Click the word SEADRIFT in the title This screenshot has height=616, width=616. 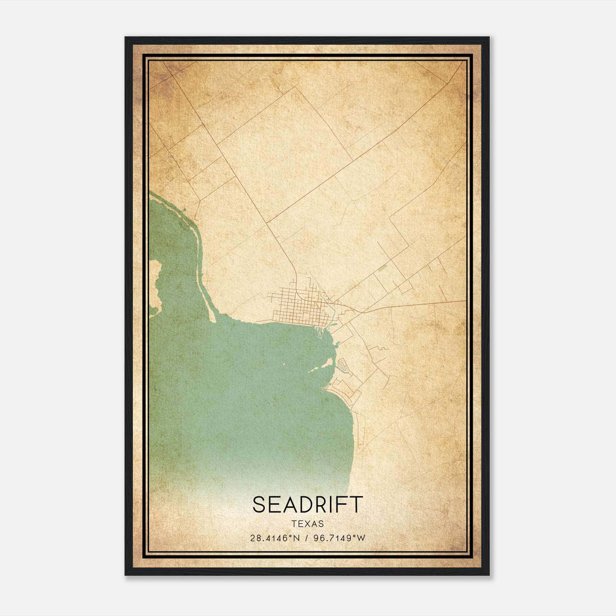(x=308, y=504)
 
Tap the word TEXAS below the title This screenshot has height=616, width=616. (x=308, y=524)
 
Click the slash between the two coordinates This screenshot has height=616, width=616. (x=305, y=538)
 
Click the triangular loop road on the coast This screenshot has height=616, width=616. (x=342, y=364)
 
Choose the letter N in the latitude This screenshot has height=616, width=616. (x=296, y=538)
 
